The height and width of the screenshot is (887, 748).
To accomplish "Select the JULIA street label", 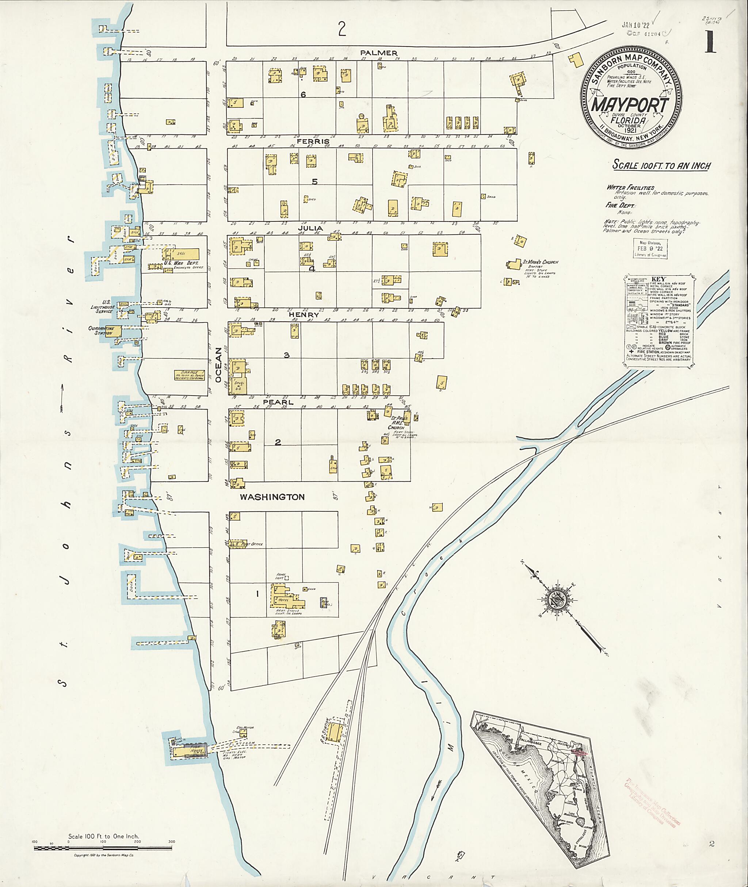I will coord(310,228).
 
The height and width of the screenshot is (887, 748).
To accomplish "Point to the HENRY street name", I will coord(303,315).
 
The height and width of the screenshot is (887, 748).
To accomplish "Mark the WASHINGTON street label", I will coord(272,497).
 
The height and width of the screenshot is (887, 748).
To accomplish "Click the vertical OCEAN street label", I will coord(218,365).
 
